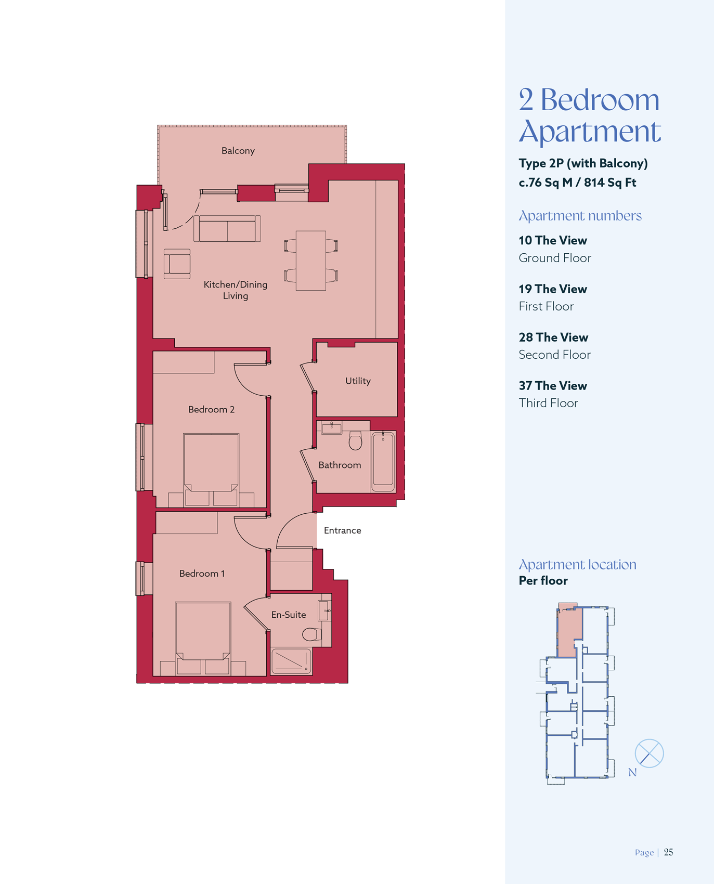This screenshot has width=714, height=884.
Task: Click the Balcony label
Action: tap(238, 151)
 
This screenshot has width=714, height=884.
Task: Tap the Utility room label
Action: tap(358, 381)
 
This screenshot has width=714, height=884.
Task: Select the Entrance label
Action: tap(342, 530)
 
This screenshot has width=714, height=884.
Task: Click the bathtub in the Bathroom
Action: tap(383, 460)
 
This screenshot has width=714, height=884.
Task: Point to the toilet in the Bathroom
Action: tap(355, 440)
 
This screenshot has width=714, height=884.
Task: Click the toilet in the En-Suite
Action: tap(312, 634)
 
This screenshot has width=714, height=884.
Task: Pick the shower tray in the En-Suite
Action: tap(291, 661)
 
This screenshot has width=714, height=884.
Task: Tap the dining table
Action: tap(311, 261)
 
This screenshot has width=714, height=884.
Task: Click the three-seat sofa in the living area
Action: tap(227, 229)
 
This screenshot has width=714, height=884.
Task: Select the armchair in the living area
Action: tap(177, 264)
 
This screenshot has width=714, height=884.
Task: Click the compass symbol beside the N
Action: tap(649, 753)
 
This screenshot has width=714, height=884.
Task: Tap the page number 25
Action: tap(669, 852)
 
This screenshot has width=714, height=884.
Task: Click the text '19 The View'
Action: tap(553, 289)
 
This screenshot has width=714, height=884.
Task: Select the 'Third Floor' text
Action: tap(549, 403)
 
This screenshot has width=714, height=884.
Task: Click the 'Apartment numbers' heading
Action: tap(580, 216)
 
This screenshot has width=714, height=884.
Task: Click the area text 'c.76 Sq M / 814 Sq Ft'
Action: tap(578, 183)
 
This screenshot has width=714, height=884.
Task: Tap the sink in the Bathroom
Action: tap(331, 428)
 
